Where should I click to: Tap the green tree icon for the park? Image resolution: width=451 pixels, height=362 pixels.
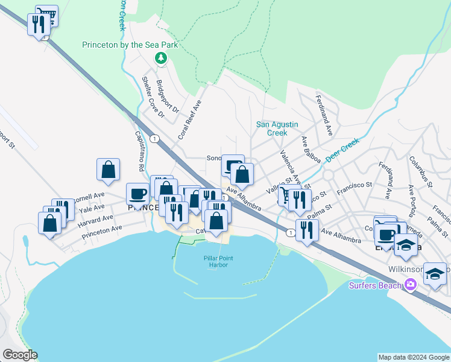(x=161, y=58)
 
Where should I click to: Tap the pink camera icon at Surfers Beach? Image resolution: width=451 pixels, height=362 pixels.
(x=411, y=284)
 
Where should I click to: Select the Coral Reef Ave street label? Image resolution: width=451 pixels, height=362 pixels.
(x=188, y=119)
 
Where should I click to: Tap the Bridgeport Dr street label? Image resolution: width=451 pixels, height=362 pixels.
(x=168, y=97)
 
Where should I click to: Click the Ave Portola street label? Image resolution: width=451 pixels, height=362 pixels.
(x=414, y=200)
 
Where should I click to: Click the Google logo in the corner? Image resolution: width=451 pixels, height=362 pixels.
(x=20, y=355)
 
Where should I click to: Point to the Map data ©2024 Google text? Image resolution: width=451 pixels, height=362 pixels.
(x=413, y=357)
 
